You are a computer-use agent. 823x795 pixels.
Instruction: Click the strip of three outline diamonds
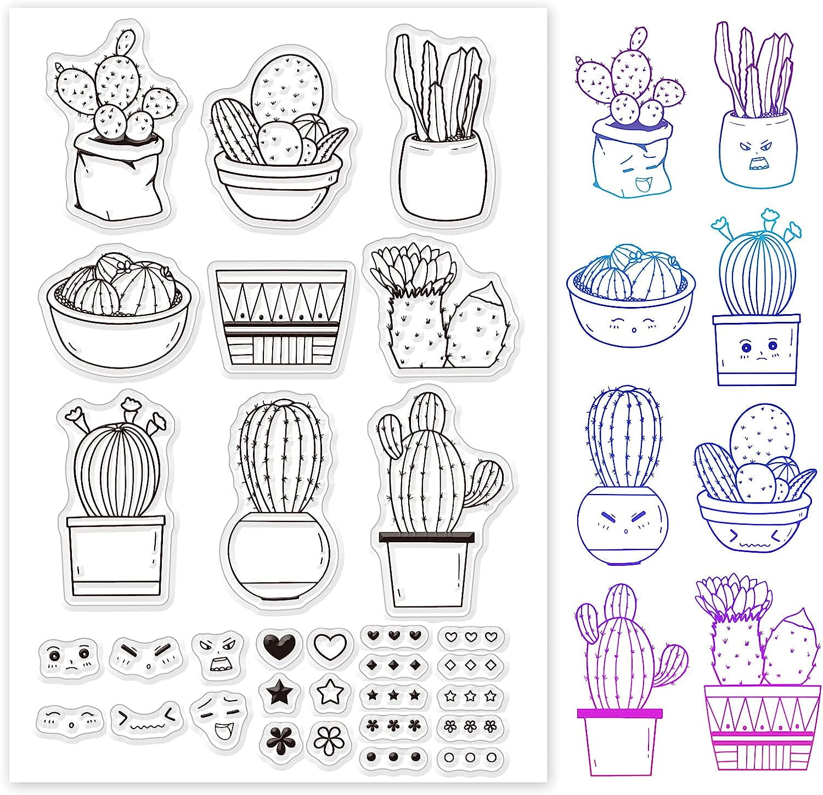(x=470, y=666)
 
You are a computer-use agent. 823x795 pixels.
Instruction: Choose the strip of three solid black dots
(x=393, y=757)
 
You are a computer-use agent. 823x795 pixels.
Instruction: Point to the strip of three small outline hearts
(x=470, y=637)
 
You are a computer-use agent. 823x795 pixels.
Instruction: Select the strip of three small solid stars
(x=393, y=696)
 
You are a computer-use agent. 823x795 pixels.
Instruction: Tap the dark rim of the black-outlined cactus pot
(x=427, y=537)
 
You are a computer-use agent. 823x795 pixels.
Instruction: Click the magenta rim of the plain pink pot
(x=619, y=713)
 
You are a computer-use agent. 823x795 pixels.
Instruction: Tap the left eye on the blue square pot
(x=745, y=347)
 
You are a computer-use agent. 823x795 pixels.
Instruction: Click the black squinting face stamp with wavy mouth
(x=146, y=717)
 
